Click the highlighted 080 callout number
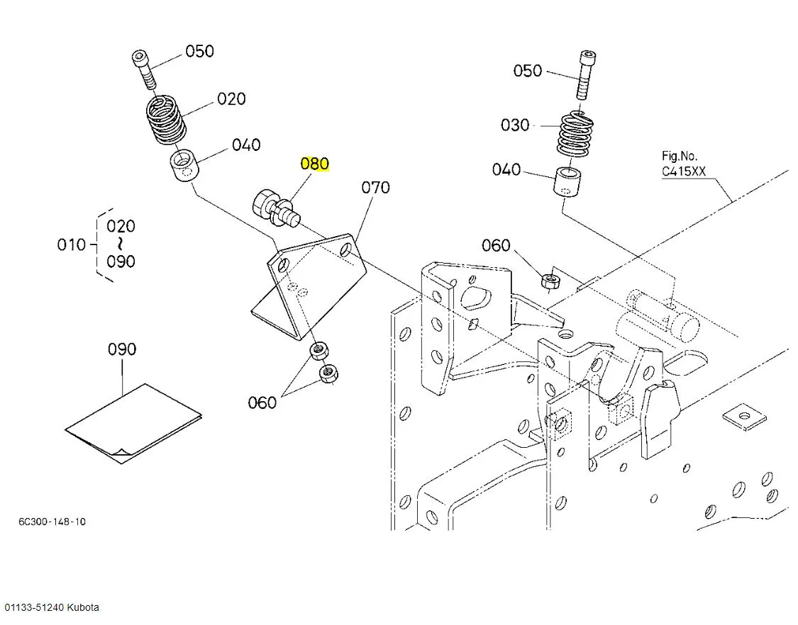314,164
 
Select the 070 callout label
375,188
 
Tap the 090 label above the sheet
122,349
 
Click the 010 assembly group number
71,244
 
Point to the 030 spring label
515,125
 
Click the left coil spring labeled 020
165,120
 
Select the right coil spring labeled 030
576,134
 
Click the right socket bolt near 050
587,74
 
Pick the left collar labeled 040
184,164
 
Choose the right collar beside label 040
567,181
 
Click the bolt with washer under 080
277,208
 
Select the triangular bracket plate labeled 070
308,285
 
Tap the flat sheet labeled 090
133,423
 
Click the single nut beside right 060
550,280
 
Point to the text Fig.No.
680,156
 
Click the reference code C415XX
684,171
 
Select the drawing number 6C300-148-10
52,522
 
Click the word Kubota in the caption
83,607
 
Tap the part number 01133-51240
34,607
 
